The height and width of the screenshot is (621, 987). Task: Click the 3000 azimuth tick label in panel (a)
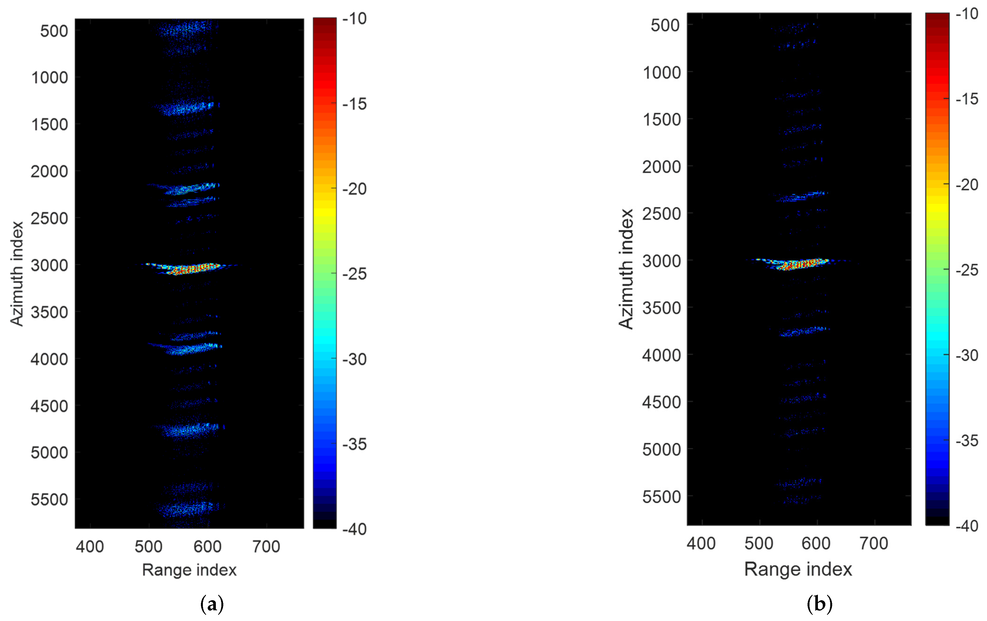(x=49, y=265)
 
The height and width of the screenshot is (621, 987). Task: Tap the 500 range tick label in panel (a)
(x=148, y=546)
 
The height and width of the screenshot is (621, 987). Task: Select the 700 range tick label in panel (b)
(x=873, y=543)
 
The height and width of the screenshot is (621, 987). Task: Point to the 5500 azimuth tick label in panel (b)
(x=661, y=497)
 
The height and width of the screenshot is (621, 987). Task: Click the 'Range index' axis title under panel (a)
(x=189, y=570)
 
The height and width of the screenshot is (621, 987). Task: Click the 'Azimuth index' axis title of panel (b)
(x=626, y=269)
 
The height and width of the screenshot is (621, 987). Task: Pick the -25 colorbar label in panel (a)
(x=354, y=274)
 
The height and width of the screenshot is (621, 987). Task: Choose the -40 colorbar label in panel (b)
(x=967, y=526)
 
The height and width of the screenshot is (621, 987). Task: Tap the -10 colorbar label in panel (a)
(x=354, y=18)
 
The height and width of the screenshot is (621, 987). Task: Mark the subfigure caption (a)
(x=212, y=604)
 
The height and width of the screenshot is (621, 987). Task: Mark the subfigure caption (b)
(x=819, y=604)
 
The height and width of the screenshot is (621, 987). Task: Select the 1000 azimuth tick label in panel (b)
(x=661, y=72)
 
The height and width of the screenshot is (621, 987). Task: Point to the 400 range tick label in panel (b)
(x=701, y=543)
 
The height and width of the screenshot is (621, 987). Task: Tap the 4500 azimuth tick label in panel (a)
(x=49, y=406)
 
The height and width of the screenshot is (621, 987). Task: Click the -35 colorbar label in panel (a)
(x=354, y=444)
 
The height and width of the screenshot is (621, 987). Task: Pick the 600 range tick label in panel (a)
(x=207, y=546)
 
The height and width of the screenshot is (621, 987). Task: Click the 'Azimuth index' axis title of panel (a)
(x=17, y=274)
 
